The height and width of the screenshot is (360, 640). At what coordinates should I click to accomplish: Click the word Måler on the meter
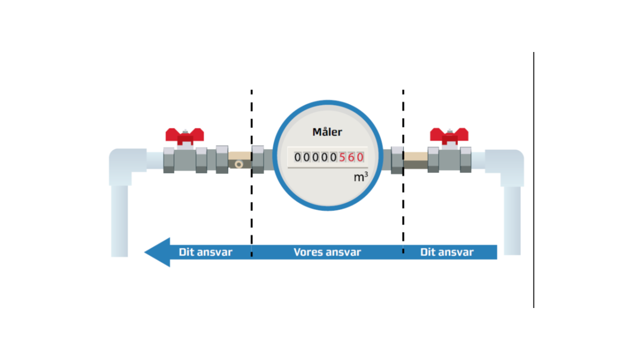[327, 132]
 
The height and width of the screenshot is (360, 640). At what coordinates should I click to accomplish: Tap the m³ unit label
[361, 176]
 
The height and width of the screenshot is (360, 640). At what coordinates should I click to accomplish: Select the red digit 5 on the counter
[342, 157]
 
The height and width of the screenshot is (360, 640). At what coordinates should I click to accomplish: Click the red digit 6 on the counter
[351, 157]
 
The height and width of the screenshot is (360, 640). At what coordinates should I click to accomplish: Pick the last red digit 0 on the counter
[359, 157]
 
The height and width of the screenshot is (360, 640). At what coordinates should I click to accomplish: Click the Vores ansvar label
[327, 252]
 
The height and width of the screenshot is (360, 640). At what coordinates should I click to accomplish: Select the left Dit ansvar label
[205, 252]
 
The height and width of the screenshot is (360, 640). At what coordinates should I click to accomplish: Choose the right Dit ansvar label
[446, 252]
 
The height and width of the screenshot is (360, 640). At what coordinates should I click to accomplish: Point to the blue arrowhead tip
[146, 252]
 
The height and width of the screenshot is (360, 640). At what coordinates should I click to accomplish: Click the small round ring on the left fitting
[239, 164]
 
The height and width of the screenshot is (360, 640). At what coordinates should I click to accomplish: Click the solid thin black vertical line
[533, 180]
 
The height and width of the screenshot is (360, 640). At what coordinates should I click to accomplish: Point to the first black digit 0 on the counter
[298, 157]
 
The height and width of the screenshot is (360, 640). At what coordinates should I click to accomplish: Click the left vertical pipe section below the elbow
[119, 220]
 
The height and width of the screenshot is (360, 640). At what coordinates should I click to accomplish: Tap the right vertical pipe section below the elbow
[512, 220]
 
